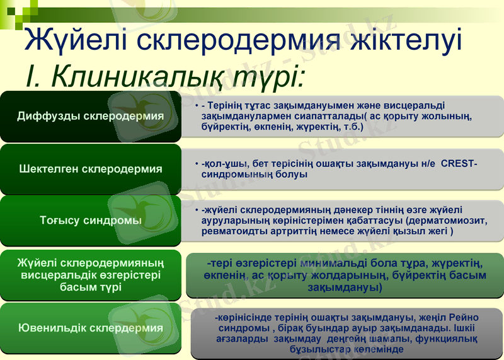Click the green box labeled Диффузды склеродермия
pyautogui.click(x=90, y=117)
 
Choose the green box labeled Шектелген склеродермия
pyautogui.click(x=90, y=169)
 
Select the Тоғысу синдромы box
pyautogui.click(x=90, y=221)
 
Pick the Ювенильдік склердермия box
pyautogui.click(x=90, y=328)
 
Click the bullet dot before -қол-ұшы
pyautogui.click(x=197, y=165)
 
